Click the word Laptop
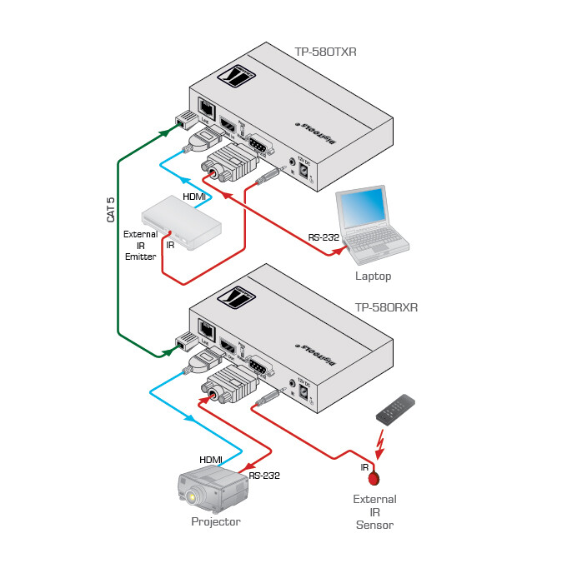(x=373, y=276)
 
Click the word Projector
(x=216, y=521)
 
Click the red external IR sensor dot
(x=374, y=479)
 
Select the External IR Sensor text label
(x=374, y=512)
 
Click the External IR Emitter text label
(x=140, y=246)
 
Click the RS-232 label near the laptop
(x=324, y=237)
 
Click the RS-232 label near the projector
(x=264, y=476)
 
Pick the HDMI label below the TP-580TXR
(x=194, y=196)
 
